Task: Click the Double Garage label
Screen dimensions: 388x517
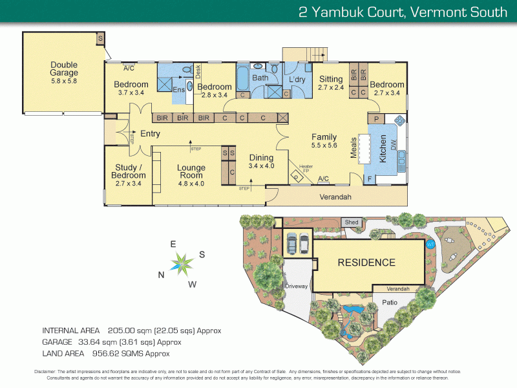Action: pos(64,69)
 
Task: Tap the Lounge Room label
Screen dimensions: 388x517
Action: pos(191,172)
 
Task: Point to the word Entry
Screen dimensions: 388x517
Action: pos(150,134)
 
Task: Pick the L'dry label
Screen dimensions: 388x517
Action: pos(297,79)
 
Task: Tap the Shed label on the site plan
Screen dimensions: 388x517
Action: pos(352,222)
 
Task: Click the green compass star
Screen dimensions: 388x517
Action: pos(182,263)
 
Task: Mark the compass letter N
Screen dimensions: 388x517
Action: pos(161,274)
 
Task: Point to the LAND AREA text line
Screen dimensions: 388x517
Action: pos(106,354)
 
